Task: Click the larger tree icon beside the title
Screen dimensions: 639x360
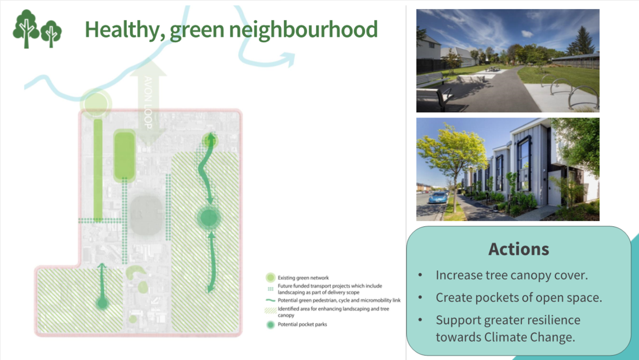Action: point(26,28)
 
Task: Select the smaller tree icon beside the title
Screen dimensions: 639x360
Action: point(51,34)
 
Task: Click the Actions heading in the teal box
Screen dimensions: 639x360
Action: point(518,249)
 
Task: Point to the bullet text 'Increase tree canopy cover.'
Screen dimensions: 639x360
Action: point(512,275)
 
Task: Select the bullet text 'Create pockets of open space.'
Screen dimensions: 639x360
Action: point(519,298)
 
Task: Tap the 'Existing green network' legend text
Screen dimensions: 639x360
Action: point(303,278)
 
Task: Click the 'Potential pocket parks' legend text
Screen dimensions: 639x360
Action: point(303,324)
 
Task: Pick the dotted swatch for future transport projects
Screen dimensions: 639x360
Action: point(270,289)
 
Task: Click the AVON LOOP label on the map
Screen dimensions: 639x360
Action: point(148,102)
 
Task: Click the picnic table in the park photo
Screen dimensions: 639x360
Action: point(492,68)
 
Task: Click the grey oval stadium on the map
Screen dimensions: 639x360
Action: point(146,215)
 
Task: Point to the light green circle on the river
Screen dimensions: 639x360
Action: point(96,103)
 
